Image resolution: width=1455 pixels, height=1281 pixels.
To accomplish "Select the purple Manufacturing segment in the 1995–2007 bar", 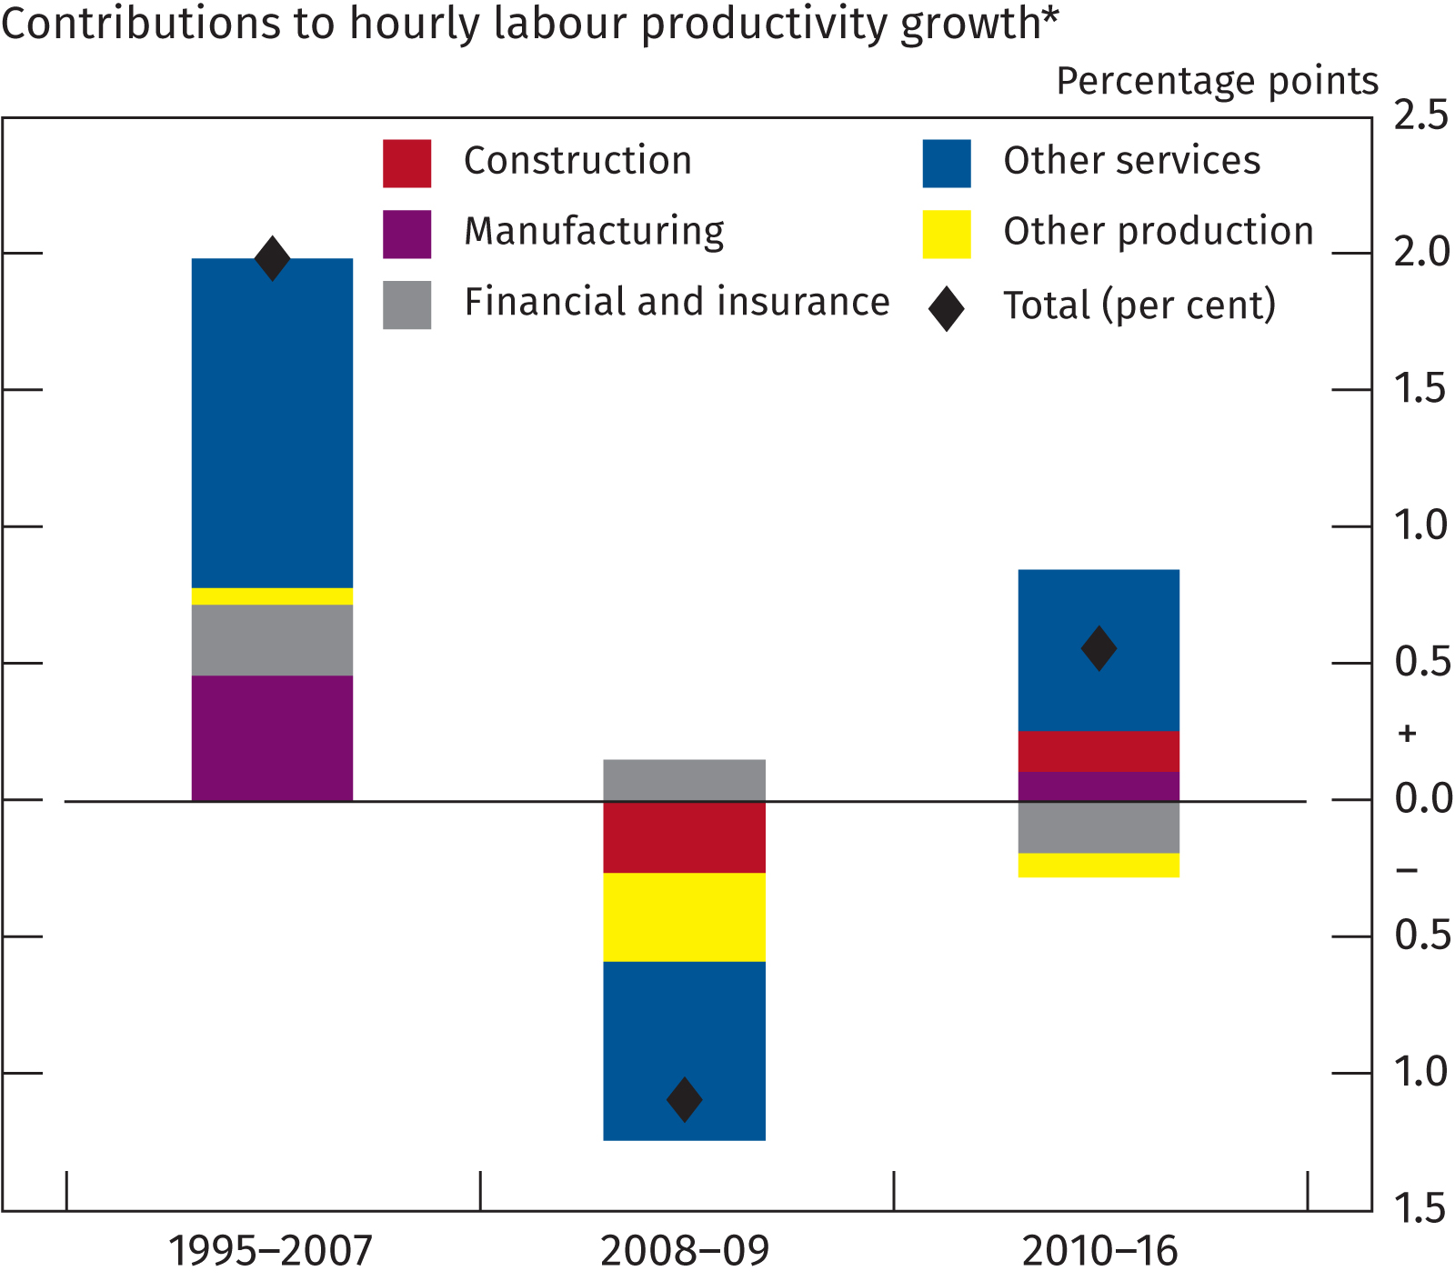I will tap(272, 737).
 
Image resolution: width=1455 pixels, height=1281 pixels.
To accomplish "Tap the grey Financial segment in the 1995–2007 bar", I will tap(272, 639).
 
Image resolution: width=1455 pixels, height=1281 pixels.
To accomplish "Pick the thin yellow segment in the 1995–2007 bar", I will tap(272, 596).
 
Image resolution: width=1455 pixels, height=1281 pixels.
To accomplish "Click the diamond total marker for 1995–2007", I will tap(272, 258).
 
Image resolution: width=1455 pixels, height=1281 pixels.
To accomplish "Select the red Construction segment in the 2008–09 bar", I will tap(684, 836).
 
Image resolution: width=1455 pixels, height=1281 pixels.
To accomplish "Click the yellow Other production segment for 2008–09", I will tap(684, 916).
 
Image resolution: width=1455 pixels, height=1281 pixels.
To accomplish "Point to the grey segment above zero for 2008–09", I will tap(684, 779).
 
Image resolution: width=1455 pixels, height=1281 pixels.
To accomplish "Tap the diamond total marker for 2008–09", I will tap(684, 1099).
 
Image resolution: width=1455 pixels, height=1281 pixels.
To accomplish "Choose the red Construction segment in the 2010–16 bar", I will tap(1099, 751).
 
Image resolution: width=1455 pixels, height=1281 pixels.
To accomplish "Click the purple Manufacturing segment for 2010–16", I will tap(1099, 786).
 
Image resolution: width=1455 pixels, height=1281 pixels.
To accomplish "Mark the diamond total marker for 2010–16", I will tap(1099, 648).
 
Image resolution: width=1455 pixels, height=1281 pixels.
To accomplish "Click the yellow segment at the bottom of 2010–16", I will tap(1099, 865).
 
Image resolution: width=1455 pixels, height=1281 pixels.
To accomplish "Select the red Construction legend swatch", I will tap(406, 164).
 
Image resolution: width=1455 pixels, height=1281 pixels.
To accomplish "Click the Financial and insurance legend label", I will tap(677, 302).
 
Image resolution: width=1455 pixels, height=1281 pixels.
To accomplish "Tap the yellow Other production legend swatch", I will tap(946, 235).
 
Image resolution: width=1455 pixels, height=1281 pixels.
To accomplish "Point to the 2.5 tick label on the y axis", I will tap(1420, 116).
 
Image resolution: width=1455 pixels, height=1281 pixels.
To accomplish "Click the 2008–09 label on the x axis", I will tap(684, 1251).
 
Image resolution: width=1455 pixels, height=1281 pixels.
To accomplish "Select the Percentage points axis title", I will tap(1217, 82).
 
